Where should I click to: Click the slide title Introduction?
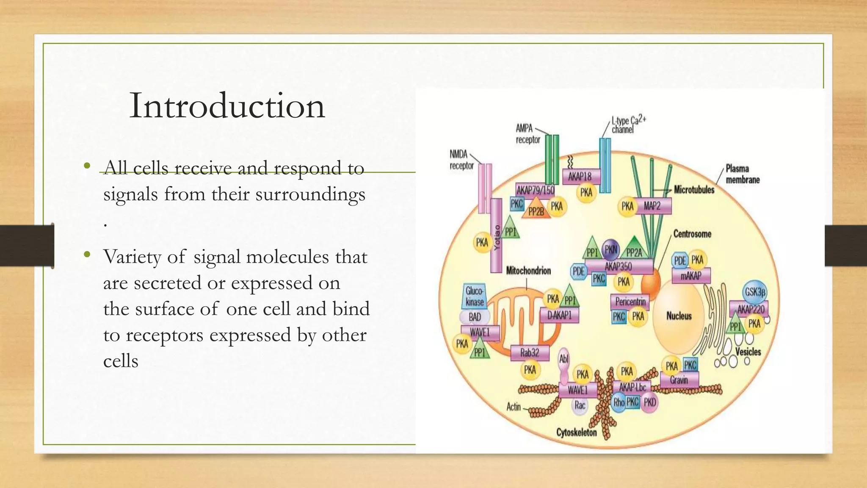227,105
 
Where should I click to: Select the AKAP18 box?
581,177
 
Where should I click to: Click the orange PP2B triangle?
536,209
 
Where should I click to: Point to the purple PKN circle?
611,249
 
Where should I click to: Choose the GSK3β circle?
755,292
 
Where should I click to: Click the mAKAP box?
691,276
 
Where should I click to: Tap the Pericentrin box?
630,302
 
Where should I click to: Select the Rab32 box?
530,352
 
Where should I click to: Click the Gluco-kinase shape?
474,296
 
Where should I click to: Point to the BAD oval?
475,317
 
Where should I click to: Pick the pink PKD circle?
650,402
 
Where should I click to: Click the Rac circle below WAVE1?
580,405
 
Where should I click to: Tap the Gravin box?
679,380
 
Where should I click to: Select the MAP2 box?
652,206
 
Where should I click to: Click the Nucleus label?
679,316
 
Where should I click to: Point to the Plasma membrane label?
743,174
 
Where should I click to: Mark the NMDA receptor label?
461,160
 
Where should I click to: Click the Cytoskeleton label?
576,433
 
